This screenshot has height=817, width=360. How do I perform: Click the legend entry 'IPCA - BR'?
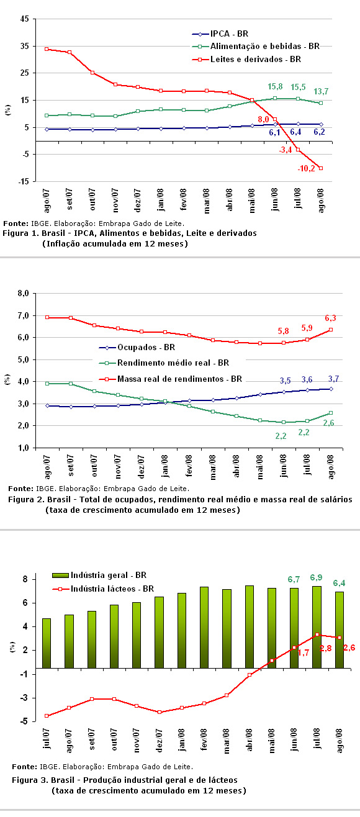click(220, 34)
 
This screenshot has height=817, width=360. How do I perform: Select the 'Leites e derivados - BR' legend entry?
click(246, 59)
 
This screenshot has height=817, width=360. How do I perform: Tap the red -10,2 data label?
click(306, 168)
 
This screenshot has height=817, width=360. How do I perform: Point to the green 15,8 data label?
click(275, 86)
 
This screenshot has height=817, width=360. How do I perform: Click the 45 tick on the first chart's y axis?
click(24, 19)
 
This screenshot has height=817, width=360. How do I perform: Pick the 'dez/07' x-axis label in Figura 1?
click(137, 200)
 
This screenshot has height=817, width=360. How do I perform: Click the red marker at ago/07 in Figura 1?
click(47, 49)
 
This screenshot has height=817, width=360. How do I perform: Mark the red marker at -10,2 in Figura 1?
click(321, 168)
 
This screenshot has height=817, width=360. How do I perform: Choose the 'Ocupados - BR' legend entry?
click(137, 347)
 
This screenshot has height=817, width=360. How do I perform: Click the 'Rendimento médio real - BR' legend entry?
click(164, 363)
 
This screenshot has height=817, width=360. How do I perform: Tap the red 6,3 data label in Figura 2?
click(330, 318)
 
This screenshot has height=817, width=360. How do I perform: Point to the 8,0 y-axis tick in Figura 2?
click(24, 294)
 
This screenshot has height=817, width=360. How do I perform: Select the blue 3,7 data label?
click(333, 379)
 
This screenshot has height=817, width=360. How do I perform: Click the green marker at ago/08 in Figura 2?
click(331, 413)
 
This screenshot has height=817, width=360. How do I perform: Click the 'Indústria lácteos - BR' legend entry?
click(103, 589)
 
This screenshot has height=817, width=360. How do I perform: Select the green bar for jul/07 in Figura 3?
click(47, 643)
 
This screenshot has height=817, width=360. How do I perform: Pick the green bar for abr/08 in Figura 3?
click(250, 626)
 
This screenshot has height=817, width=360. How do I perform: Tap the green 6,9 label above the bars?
click(316, 577)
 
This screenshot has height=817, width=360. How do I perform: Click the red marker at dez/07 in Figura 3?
click(160, 712)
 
